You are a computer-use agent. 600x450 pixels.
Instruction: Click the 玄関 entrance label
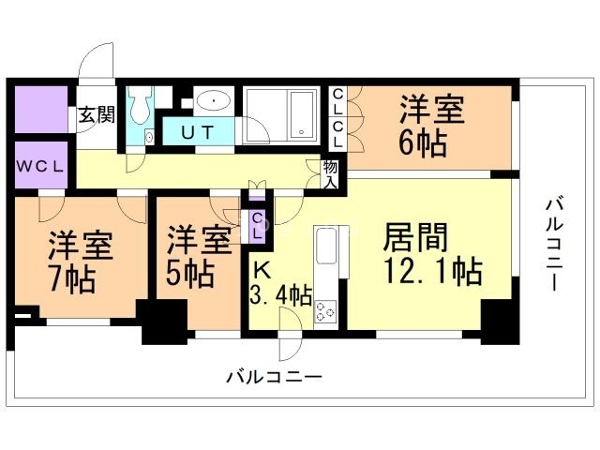(x=96, y=115)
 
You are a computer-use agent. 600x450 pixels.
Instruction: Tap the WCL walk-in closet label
(x=39, y=168)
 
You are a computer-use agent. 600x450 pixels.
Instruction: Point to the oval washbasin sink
(x=216, y=98)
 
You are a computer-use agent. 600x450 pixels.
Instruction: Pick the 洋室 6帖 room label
(x=430, y=127)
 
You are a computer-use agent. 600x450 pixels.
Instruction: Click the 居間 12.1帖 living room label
(x=430, y=254)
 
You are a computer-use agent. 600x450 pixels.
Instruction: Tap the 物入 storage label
(x=330, y=174)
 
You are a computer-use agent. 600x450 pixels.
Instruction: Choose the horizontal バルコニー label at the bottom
(x=274, y=378)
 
